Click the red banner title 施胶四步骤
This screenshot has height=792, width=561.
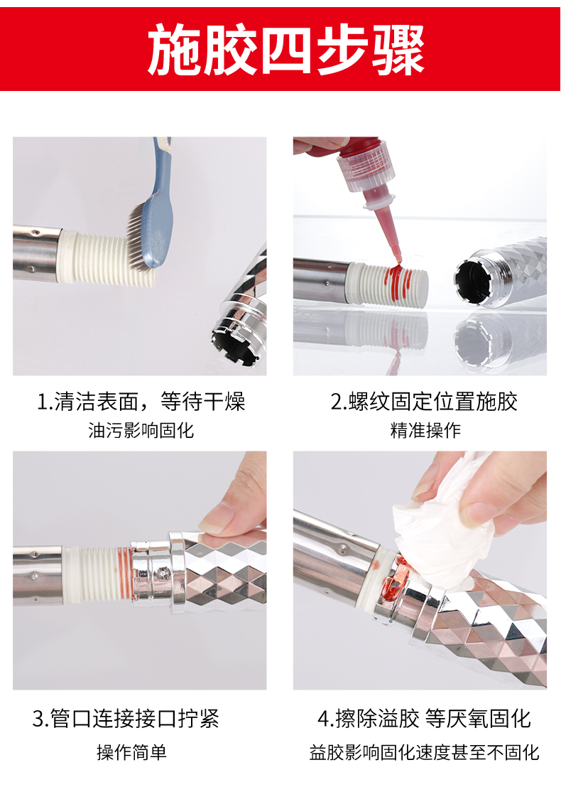[x=286, y=50]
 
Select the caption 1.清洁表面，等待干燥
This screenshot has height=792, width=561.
[x=141, y=402]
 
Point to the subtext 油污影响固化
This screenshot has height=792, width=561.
[x=141, y=430]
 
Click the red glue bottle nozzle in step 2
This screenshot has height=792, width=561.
[x=385, y=225]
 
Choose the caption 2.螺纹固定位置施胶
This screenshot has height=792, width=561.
[x=424, y=402]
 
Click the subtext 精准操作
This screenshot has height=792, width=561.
[x=425, y=430]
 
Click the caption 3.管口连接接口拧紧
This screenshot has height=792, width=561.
[x=126, y=718]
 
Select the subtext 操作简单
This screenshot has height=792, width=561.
[x=132, y=752]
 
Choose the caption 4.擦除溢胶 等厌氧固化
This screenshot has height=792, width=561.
[x=424, y=718]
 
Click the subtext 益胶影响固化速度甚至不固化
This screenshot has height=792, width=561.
[x=424, y=752]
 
